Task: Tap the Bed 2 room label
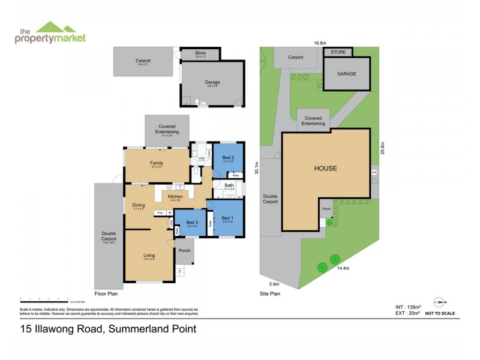coord(228,157)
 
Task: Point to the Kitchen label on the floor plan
coord(175,196)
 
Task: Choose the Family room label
coord(157,163)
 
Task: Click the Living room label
coord(149,256)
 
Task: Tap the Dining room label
coord(139,205)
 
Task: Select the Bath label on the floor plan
coord(229,185)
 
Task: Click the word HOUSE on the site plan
coord(326,168)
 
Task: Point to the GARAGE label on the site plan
coord(346,74)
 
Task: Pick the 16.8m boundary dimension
coord(319,43)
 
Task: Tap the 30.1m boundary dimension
coord(256,168)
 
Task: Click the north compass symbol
coord(440,303)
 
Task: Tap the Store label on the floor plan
coord(200,53)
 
